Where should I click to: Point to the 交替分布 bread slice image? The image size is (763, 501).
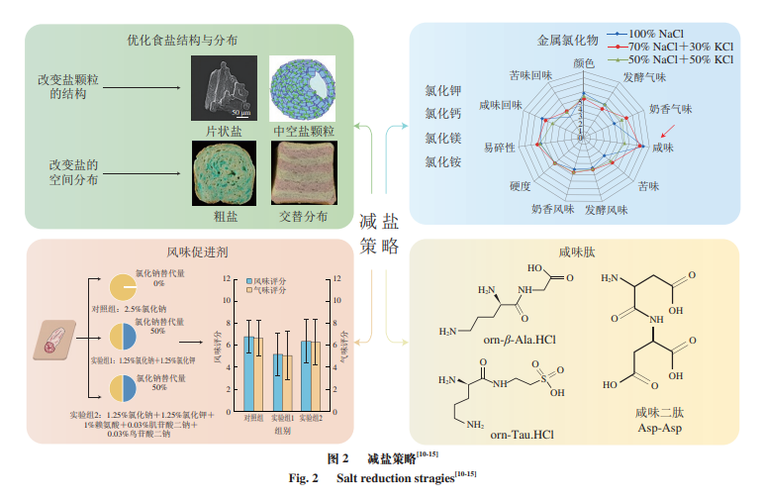[303, 172]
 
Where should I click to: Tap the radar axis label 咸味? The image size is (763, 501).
[662, 148]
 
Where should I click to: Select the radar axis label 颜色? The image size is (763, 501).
[584, 62]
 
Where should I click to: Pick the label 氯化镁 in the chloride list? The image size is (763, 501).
[442, 138]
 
